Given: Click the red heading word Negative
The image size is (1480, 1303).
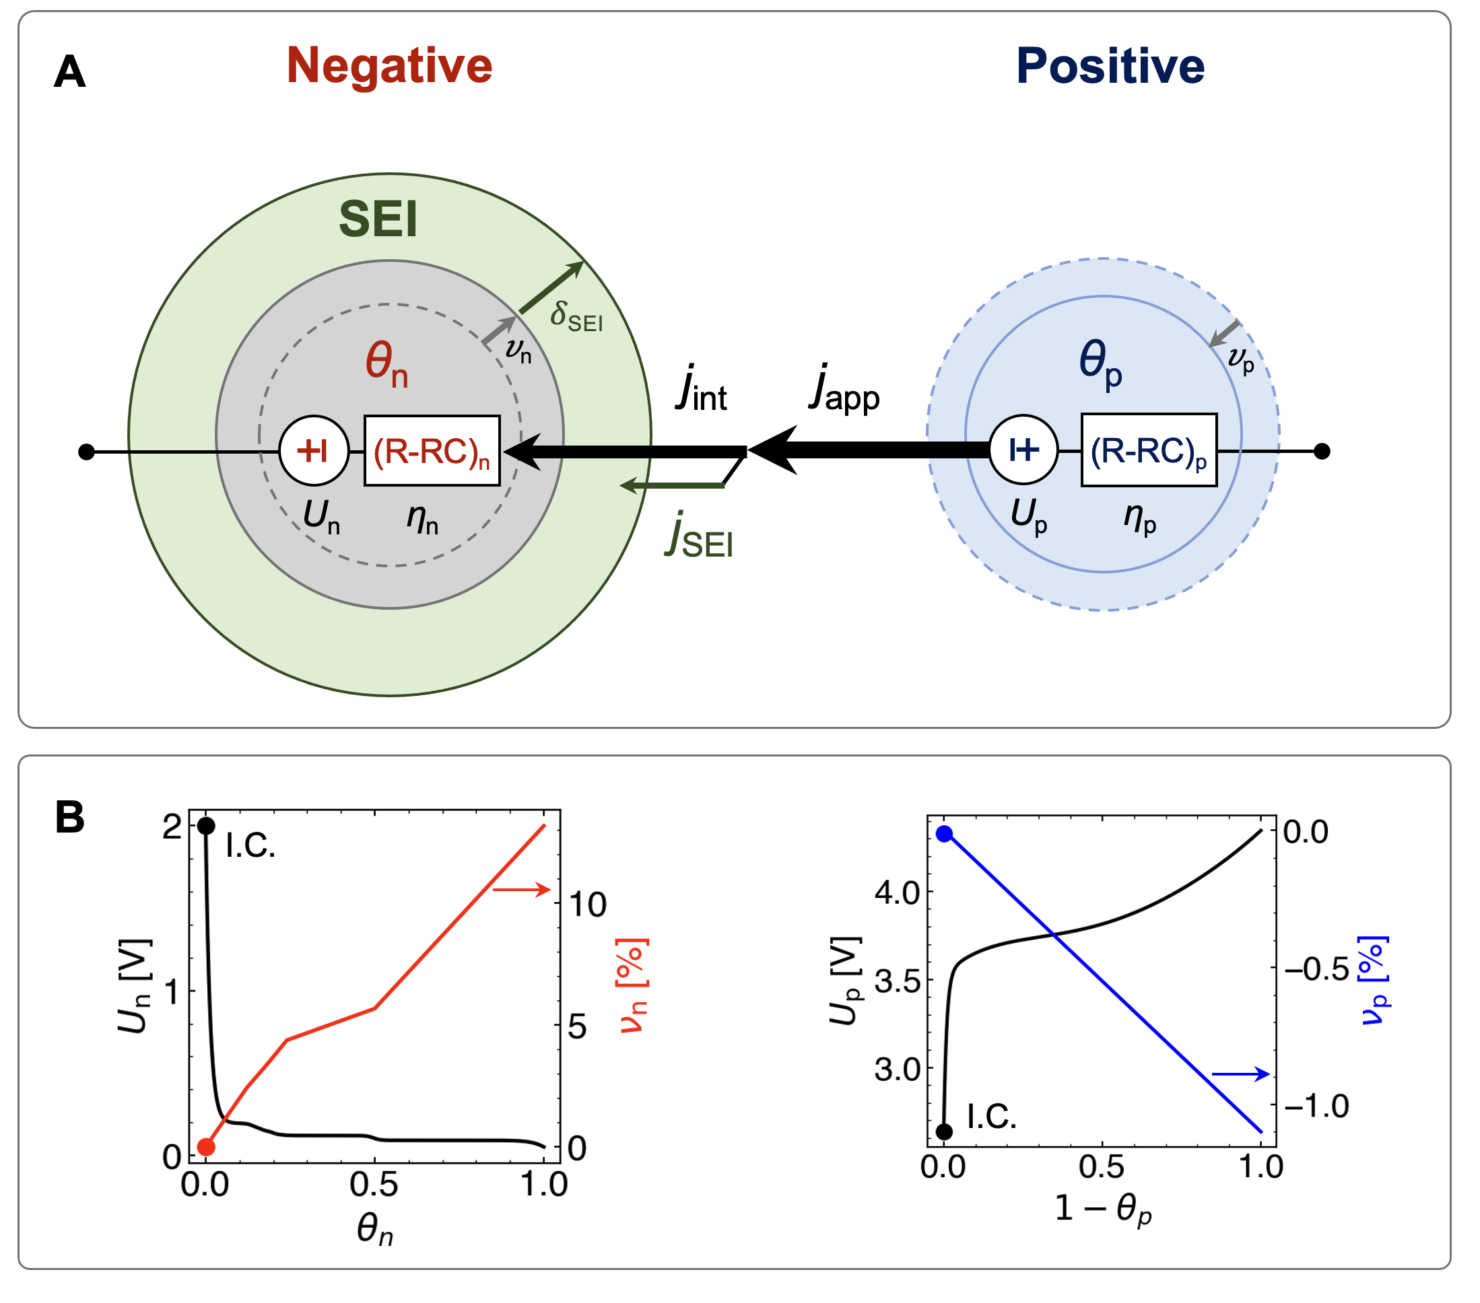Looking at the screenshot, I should [390, 66].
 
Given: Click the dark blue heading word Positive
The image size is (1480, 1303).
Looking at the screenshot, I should [1110, 66].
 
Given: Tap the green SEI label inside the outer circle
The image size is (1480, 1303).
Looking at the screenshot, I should [378, 219].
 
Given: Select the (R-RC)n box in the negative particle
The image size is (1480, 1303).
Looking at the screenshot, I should [432, 451].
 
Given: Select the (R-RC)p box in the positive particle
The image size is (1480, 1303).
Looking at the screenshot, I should [1148, 450].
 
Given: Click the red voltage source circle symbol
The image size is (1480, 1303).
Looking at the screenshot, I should [314, 450].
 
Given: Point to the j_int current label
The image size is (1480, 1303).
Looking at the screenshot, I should [702, 391].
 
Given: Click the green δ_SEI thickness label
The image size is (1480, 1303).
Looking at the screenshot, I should [576, 317].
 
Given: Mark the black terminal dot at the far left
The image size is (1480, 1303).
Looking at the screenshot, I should [86, 452].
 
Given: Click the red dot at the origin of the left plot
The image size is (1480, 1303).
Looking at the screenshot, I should [206, 1147].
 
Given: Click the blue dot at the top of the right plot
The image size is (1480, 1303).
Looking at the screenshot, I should [944, 834].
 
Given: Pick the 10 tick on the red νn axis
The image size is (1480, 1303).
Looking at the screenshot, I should [587, 905].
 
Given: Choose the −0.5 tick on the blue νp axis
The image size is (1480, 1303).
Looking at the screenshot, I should [1316, 969].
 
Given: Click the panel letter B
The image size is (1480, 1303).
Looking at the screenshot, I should [69, 818].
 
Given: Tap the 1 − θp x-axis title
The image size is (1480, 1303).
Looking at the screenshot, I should [1102, 1209].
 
